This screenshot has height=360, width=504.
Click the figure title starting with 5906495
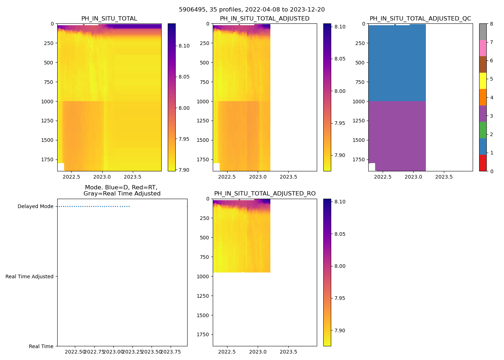(x=252, y=10)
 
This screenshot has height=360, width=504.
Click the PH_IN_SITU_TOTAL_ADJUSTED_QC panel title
(x=420, y=19)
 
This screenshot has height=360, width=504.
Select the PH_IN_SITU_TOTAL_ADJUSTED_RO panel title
(x=265, y=194)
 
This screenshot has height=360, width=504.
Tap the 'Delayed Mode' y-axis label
(x=35, y=207)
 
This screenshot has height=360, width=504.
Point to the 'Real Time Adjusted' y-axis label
(x=30, y=276)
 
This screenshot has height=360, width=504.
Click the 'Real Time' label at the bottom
(x=41, y=346)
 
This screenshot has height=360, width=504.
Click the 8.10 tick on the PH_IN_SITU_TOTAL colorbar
(x=184, y=46)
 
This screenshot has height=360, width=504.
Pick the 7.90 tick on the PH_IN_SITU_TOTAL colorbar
(x=184, y=170)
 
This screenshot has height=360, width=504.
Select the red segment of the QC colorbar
(x=483, y=163)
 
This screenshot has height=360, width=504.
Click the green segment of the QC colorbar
(x=483, y=130)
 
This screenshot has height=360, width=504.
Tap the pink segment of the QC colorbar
(x=483, y=48)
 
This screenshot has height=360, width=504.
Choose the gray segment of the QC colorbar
(x=483, y=32)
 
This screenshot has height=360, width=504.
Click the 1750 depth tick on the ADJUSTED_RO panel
(x=203, y=335)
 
